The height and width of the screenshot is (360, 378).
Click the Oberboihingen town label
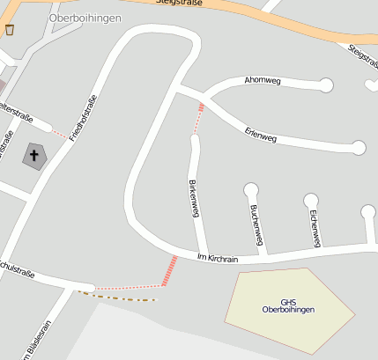tap(85, 18)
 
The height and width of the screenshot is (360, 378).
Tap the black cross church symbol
tap(34, 157)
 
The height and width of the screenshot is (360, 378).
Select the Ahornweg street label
tap(263, 82)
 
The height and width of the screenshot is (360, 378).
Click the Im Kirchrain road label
tap(218, 258)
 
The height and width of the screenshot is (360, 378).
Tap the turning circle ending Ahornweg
tap(326, 85)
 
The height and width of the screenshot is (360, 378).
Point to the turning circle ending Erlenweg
tap(358, 147)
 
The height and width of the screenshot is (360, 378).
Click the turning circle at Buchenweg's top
tap(251, 188)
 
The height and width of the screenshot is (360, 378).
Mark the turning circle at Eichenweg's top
tap(311, 200)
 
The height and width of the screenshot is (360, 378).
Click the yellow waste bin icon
tap(10, 30)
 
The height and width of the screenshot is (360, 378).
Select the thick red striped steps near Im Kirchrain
tap(169, 270)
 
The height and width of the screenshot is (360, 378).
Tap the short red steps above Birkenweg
tap(199, 118)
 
